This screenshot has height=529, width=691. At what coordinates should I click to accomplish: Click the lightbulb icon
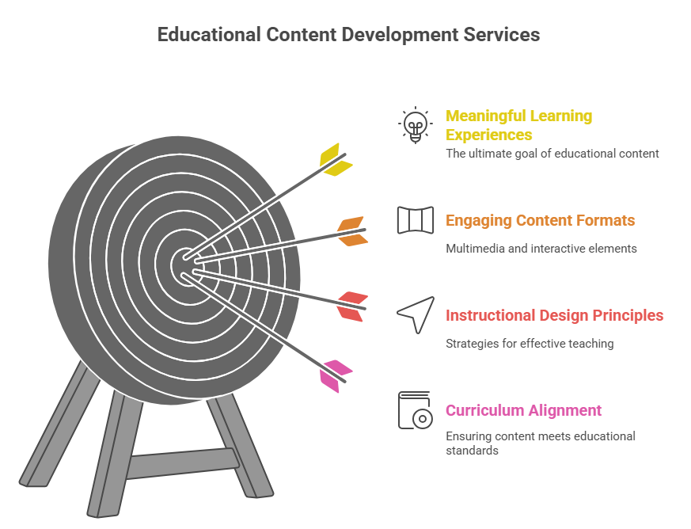[x=415, y=125]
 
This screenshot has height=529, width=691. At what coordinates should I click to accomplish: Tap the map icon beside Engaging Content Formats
[x=415, y=220]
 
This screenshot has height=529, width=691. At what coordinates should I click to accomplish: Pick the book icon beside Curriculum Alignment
[x=415, y=410]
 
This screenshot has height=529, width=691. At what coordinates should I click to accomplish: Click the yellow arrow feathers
[x=336, y=160]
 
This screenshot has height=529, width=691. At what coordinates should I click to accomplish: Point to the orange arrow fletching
[x=352, y=231]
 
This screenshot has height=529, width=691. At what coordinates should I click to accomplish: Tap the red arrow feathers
[x=352, y=306]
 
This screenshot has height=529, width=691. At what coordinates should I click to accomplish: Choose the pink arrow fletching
[x=336, y=376]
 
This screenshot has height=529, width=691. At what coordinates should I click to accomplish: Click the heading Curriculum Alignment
[x=523, y=410]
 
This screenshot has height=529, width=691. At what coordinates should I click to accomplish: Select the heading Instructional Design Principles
[x=554, y=316]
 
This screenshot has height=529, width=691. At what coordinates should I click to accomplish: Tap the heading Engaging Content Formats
[x=541, y=220]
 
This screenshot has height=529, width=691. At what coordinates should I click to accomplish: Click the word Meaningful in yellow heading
[x=482, y=116]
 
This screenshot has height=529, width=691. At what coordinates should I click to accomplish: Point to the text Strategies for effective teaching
[x=530, y=344]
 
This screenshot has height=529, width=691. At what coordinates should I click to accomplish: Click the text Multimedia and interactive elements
[x=541, y=249]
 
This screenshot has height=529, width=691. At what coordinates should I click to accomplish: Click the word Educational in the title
[x=209, y=35]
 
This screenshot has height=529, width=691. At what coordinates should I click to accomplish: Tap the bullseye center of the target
[x=188, y=265]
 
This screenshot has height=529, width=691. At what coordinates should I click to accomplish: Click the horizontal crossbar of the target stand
[x=183, y=462]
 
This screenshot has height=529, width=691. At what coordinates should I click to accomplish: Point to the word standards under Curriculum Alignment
[x=472, y=451]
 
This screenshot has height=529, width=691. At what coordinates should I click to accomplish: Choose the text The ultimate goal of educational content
[x=552, y=154]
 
